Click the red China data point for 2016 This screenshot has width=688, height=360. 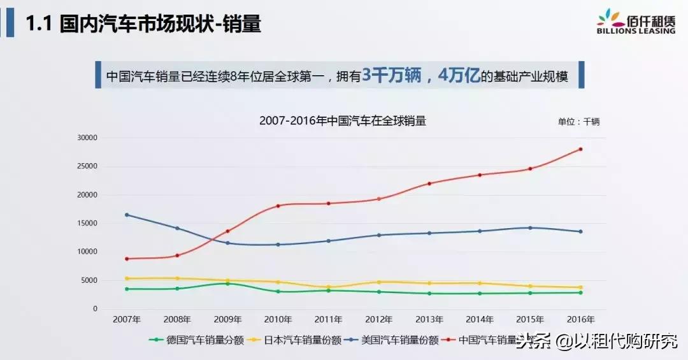coord(581,149)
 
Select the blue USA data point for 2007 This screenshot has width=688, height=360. coord(127,215)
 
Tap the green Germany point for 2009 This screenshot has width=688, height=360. coord(227,284)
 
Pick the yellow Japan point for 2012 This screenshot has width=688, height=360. coord(379,282)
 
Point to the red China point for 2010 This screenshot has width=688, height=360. coord(278,206)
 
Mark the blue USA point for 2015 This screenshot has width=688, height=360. coord(531,227)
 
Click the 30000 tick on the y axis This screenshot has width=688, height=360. coord(86,138)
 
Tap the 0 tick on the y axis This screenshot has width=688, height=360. coord(95,309)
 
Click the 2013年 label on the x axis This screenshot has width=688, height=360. coord(429,319)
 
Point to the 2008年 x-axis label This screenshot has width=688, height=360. coord(177,319)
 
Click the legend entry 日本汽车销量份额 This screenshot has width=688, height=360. coord(302,340)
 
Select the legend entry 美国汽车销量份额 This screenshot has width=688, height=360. coord(399,340)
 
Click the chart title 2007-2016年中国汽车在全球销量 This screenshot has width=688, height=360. coord(343,120)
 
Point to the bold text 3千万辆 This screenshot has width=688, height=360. coord(392,76)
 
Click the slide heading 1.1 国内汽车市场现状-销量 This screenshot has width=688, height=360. coord(143,25)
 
